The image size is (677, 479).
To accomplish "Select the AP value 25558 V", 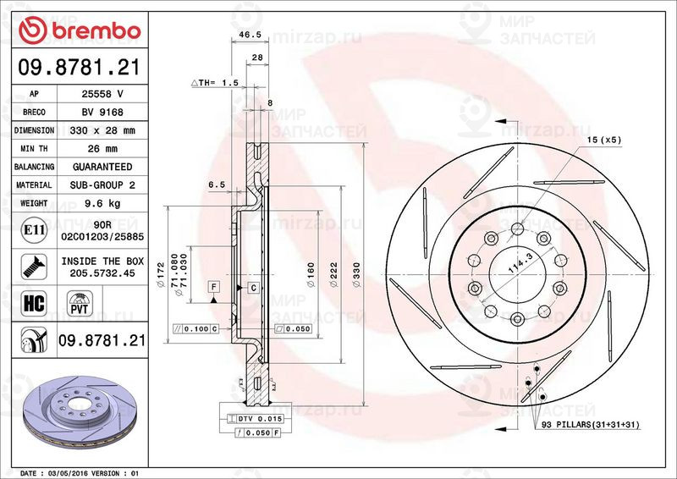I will [102, 94].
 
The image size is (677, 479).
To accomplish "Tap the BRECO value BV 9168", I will [102, 112].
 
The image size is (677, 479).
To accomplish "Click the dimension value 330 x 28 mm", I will [102, 130].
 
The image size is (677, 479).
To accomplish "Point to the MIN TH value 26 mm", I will [102, 149].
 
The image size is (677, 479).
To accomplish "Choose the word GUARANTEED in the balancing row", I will [102, 167].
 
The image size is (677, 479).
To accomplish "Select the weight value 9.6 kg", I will [102, 203].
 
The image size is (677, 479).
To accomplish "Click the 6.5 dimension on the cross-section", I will [216, 184].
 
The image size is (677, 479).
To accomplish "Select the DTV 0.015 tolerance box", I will [255, 419].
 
